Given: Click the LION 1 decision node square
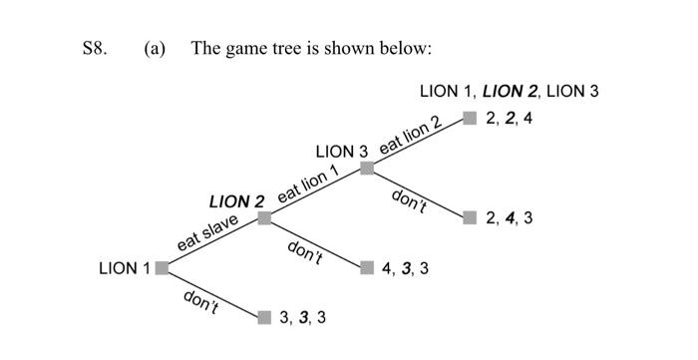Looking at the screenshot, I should [x=162, y=267].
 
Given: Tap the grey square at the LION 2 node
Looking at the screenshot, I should [x=264, y=217].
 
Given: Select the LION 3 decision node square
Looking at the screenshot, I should [x=367, y=168].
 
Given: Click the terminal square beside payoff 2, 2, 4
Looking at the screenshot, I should [x=470, y=119].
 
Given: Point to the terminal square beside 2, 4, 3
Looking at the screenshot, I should [x=470, y=217].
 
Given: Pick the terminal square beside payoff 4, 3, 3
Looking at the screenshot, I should [x=367, y=267].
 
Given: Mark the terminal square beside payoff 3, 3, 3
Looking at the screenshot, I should [x=264, y=317].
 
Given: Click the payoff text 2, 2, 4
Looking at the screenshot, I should [x=510, y=119].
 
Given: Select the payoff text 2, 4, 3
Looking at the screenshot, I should [x=510, y=217].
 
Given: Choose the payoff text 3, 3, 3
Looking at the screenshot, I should [x=303, y=317].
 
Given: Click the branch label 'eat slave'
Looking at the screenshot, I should [x=207, y=232].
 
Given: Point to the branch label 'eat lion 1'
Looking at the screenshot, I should [x=309, y=183].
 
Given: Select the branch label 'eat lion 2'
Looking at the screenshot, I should [x=410, y=135].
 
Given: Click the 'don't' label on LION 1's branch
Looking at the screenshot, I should [x=202, y=300].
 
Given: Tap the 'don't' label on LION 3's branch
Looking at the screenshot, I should [x=410, y=200].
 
